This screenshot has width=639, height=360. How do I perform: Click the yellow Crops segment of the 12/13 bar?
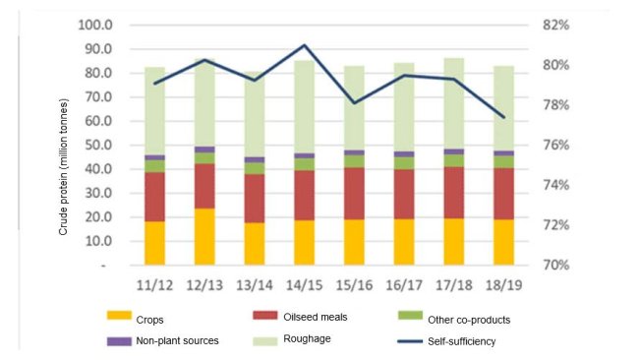pos(204,237)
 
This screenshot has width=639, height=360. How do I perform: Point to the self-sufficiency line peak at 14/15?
pos(305,45)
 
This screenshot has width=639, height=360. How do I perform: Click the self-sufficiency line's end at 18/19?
pos(504,117)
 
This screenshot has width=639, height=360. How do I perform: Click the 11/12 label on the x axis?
pos(154,285)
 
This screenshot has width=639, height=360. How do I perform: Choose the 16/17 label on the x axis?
pos(404,285)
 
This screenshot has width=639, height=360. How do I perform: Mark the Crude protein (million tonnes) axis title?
pos(64,167)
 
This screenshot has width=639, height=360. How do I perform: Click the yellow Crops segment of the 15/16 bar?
pos(354,242)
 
